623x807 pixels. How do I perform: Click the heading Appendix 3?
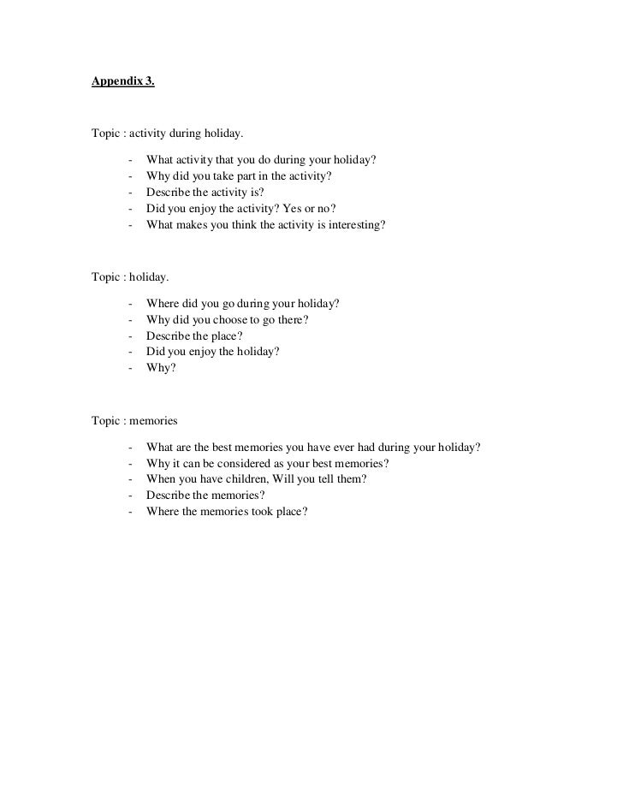coord(123,83)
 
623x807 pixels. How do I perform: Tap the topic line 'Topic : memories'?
coord(135,420)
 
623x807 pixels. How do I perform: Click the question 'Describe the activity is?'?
coord(205,193)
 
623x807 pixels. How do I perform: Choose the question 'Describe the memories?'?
coord(205,495)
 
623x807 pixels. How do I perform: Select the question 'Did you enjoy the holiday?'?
coord(213,352)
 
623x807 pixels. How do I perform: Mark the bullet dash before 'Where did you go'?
coord(129,303)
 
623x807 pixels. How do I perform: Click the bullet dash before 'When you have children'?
coord(129,479)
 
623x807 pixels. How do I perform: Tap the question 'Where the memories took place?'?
coord(226,512)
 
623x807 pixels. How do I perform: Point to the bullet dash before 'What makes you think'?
coord(129,225)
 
